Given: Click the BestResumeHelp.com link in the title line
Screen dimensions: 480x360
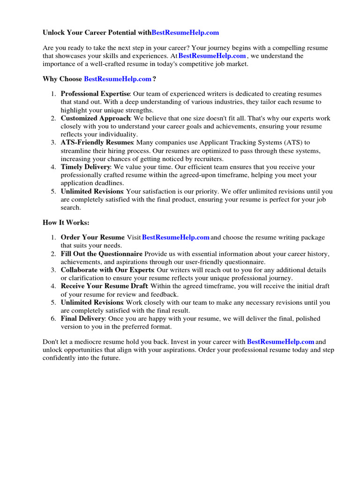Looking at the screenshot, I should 186,33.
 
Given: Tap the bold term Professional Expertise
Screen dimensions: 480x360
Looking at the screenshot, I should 95,94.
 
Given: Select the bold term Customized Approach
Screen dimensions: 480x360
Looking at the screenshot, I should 95,118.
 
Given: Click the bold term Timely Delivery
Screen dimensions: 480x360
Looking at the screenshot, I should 86,167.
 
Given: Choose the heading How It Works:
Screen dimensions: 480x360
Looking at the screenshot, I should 66,223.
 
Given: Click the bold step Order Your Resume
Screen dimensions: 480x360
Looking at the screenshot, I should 93,238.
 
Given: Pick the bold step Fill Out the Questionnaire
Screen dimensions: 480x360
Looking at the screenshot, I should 102,254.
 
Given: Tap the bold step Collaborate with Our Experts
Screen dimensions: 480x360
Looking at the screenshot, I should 107,270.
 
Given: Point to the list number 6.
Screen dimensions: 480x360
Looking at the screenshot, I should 53,318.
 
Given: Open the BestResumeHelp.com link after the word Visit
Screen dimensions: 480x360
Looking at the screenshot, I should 176,238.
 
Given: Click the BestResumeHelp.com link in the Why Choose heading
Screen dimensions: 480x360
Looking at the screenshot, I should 118,79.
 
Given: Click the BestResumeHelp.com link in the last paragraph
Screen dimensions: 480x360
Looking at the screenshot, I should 280,342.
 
